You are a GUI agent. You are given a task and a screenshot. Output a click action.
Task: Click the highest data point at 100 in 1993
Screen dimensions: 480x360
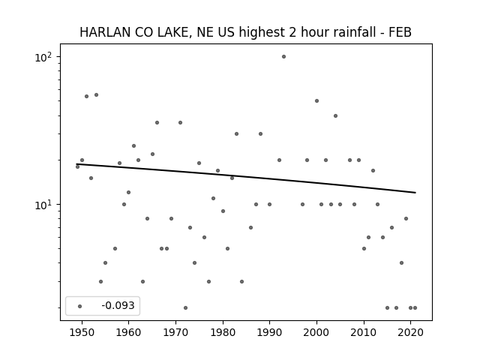(283, 57)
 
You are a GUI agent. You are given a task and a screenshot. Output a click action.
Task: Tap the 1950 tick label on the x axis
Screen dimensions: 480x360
(82, 332)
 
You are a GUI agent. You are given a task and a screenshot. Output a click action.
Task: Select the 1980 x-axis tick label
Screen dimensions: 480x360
(223, 332)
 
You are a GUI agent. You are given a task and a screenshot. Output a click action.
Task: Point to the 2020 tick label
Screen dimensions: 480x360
(410, 332)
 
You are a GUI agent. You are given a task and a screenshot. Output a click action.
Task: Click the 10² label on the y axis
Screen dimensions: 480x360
(43, 57)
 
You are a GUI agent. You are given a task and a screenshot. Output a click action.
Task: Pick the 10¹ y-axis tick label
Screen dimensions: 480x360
(43, 205)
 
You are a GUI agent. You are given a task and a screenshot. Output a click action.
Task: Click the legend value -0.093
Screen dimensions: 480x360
(118, 305)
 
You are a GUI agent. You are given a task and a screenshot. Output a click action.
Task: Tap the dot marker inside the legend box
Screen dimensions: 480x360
(79, 306)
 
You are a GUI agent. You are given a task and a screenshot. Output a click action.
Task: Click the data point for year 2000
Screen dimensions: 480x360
(316, 100)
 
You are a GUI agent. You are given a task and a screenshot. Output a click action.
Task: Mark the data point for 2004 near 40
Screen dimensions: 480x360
(335, 115)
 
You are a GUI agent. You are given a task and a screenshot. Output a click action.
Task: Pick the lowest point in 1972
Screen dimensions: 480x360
(185, 307)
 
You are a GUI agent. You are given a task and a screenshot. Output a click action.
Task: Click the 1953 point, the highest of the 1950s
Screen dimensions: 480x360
(96, 95)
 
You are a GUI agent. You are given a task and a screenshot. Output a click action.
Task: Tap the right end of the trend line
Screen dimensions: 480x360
(415, 193)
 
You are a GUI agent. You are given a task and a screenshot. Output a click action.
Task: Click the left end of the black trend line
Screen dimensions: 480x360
(76, 164)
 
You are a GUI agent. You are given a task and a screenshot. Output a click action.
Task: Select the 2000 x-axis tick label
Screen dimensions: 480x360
(316, 332)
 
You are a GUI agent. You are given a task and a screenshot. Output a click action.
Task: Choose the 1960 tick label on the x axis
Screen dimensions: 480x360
(128, 332)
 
